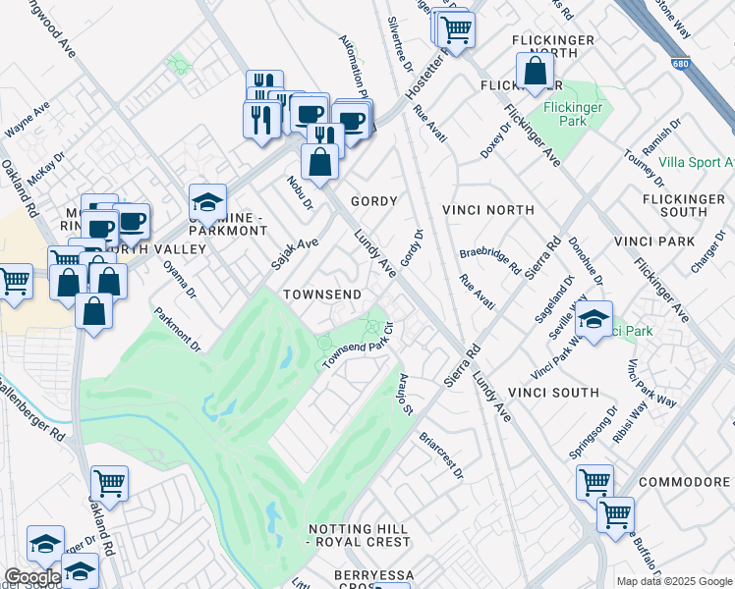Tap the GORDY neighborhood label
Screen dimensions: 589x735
(374, 201)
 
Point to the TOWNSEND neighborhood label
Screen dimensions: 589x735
(322, 294)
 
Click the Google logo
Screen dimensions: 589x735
(31, 577)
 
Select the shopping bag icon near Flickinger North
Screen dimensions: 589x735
(535, 72)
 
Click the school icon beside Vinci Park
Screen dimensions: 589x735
(594, 320)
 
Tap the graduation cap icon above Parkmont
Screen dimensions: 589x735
(208, 203)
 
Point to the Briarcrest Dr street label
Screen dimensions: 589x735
(440, 453)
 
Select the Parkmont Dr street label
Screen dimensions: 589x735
(177, 330)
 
